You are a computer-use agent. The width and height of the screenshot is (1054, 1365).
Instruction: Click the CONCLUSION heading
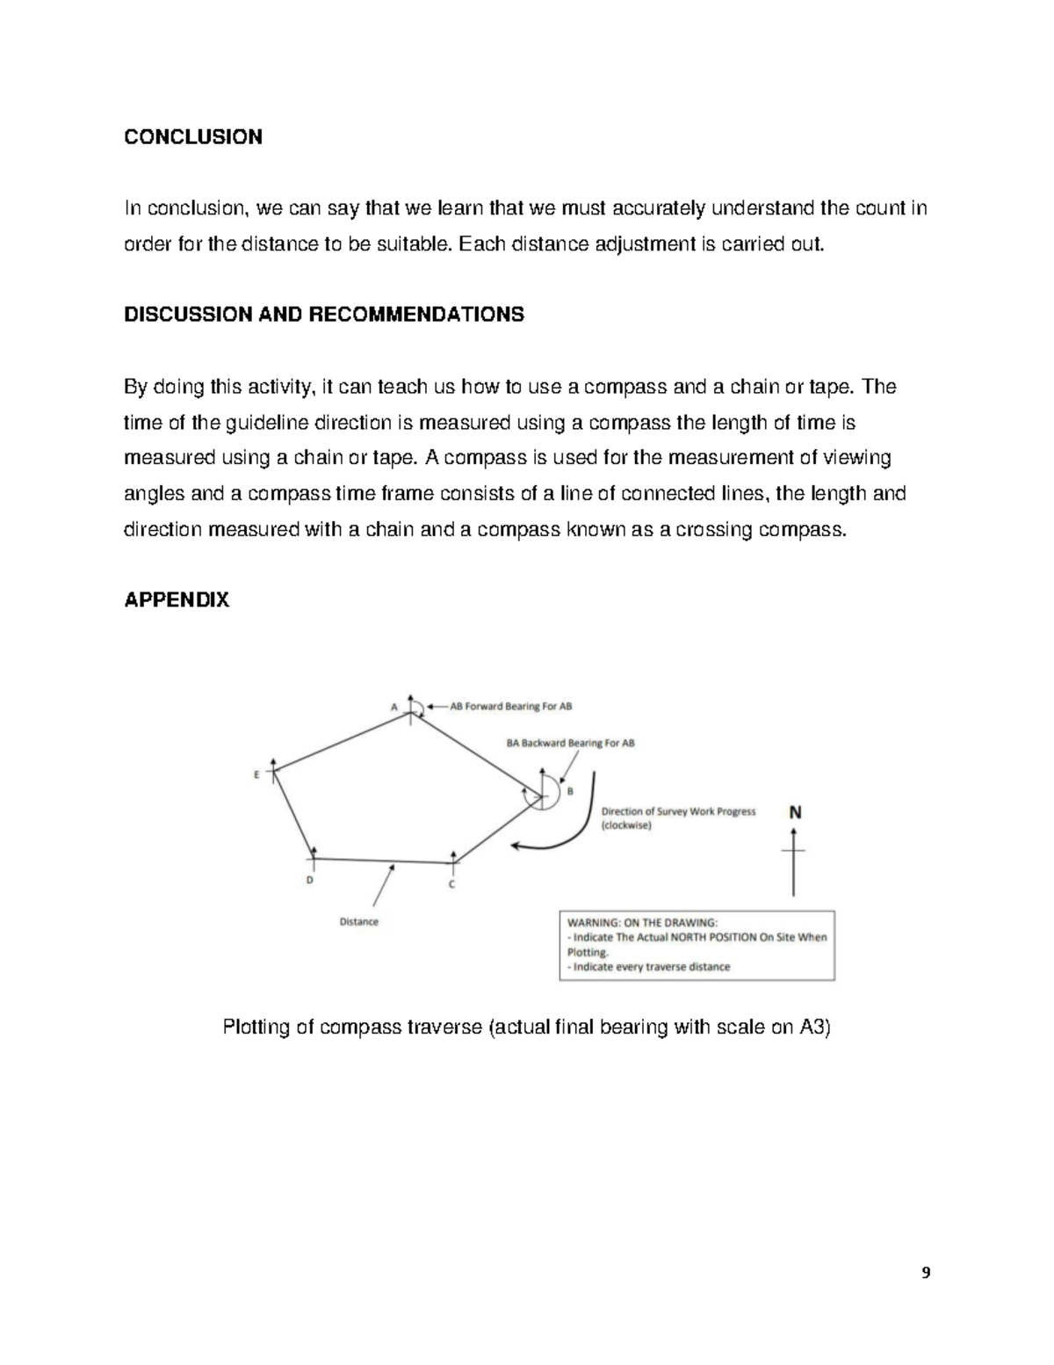192,137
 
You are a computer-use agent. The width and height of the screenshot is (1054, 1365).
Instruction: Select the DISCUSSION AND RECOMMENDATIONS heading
323,315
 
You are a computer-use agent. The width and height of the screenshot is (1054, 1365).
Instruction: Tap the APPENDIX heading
177,600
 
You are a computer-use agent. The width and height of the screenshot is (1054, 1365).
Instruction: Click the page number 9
925,1274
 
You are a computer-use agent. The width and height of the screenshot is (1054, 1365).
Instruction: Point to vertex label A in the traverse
393,706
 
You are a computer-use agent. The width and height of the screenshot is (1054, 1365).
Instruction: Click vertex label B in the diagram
570,791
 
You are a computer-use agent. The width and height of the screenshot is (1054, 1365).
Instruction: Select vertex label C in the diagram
451,884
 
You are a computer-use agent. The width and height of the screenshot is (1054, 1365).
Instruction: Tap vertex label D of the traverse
308,880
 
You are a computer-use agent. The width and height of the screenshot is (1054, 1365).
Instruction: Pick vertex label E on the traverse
256,775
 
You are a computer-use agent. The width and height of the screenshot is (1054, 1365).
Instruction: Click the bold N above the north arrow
794,813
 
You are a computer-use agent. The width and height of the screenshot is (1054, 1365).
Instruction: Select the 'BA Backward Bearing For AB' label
570,743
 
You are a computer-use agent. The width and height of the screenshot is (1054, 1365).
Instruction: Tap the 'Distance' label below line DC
358,922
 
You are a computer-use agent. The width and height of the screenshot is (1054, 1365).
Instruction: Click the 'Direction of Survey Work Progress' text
677,811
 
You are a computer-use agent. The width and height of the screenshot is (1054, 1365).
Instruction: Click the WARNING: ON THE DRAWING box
697,945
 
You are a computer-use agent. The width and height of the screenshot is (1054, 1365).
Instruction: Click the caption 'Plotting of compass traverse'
526,1027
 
